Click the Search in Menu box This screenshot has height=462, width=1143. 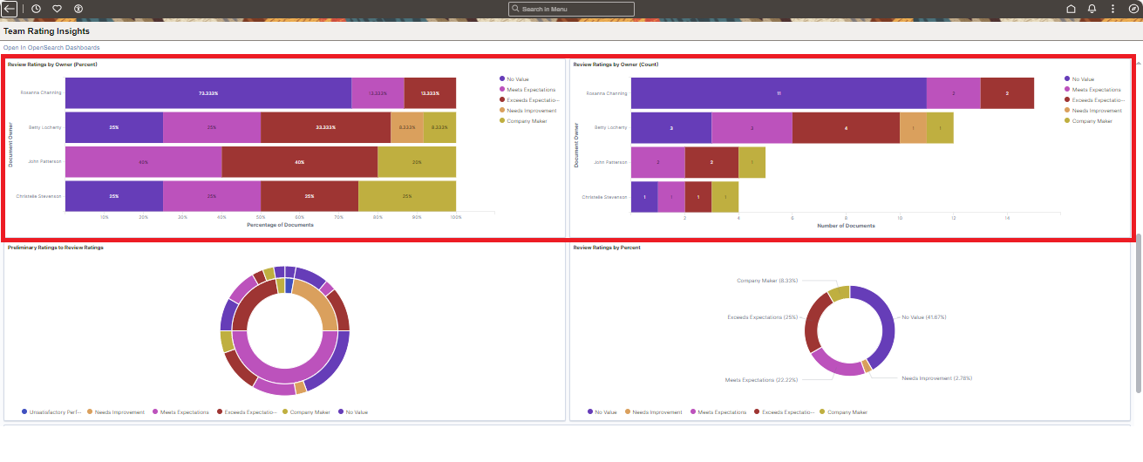572,9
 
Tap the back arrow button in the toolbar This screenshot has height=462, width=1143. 10,9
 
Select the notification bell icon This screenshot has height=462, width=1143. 1092,9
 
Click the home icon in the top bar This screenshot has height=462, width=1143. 1071,9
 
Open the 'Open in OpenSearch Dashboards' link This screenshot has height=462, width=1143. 51,47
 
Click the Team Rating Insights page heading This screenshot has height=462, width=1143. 46,31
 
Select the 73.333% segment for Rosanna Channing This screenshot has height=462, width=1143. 208,93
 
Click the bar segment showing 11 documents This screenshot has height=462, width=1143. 778,93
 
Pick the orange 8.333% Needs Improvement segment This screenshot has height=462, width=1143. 406,127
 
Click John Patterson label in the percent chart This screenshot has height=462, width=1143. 44,162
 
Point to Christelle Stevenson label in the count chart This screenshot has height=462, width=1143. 604,197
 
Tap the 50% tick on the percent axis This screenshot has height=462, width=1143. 260,217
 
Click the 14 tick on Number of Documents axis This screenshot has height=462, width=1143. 1007,217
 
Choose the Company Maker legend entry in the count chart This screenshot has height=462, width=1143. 1091,121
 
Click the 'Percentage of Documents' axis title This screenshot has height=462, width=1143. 280,225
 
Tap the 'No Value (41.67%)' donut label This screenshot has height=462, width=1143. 925,317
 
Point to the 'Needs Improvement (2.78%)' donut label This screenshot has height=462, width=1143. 936,378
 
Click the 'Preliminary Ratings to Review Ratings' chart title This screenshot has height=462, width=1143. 55,248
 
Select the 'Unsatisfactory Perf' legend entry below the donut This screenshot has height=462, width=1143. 55,411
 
